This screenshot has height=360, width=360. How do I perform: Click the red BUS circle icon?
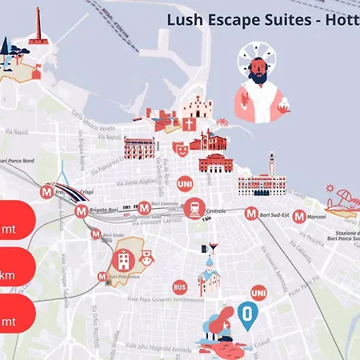(179, 287)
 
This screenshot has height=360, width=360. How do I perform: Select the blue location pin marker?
(247, 316)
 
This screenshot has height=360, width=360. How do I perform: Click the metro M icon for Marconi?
(298, 215)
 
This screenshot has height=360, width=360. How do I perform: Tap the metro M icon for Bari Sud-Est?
(242, 214)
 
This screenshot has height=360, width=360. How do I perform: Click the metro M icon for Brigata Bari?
(80, 212)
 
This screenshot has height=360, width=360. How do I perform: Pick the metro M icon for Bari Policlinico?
(102, 277)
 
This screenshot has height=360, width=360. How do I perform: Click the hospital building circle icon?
(124, 258)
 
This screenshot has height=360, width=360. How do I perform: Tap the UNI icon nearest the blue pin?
(258, 294)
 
